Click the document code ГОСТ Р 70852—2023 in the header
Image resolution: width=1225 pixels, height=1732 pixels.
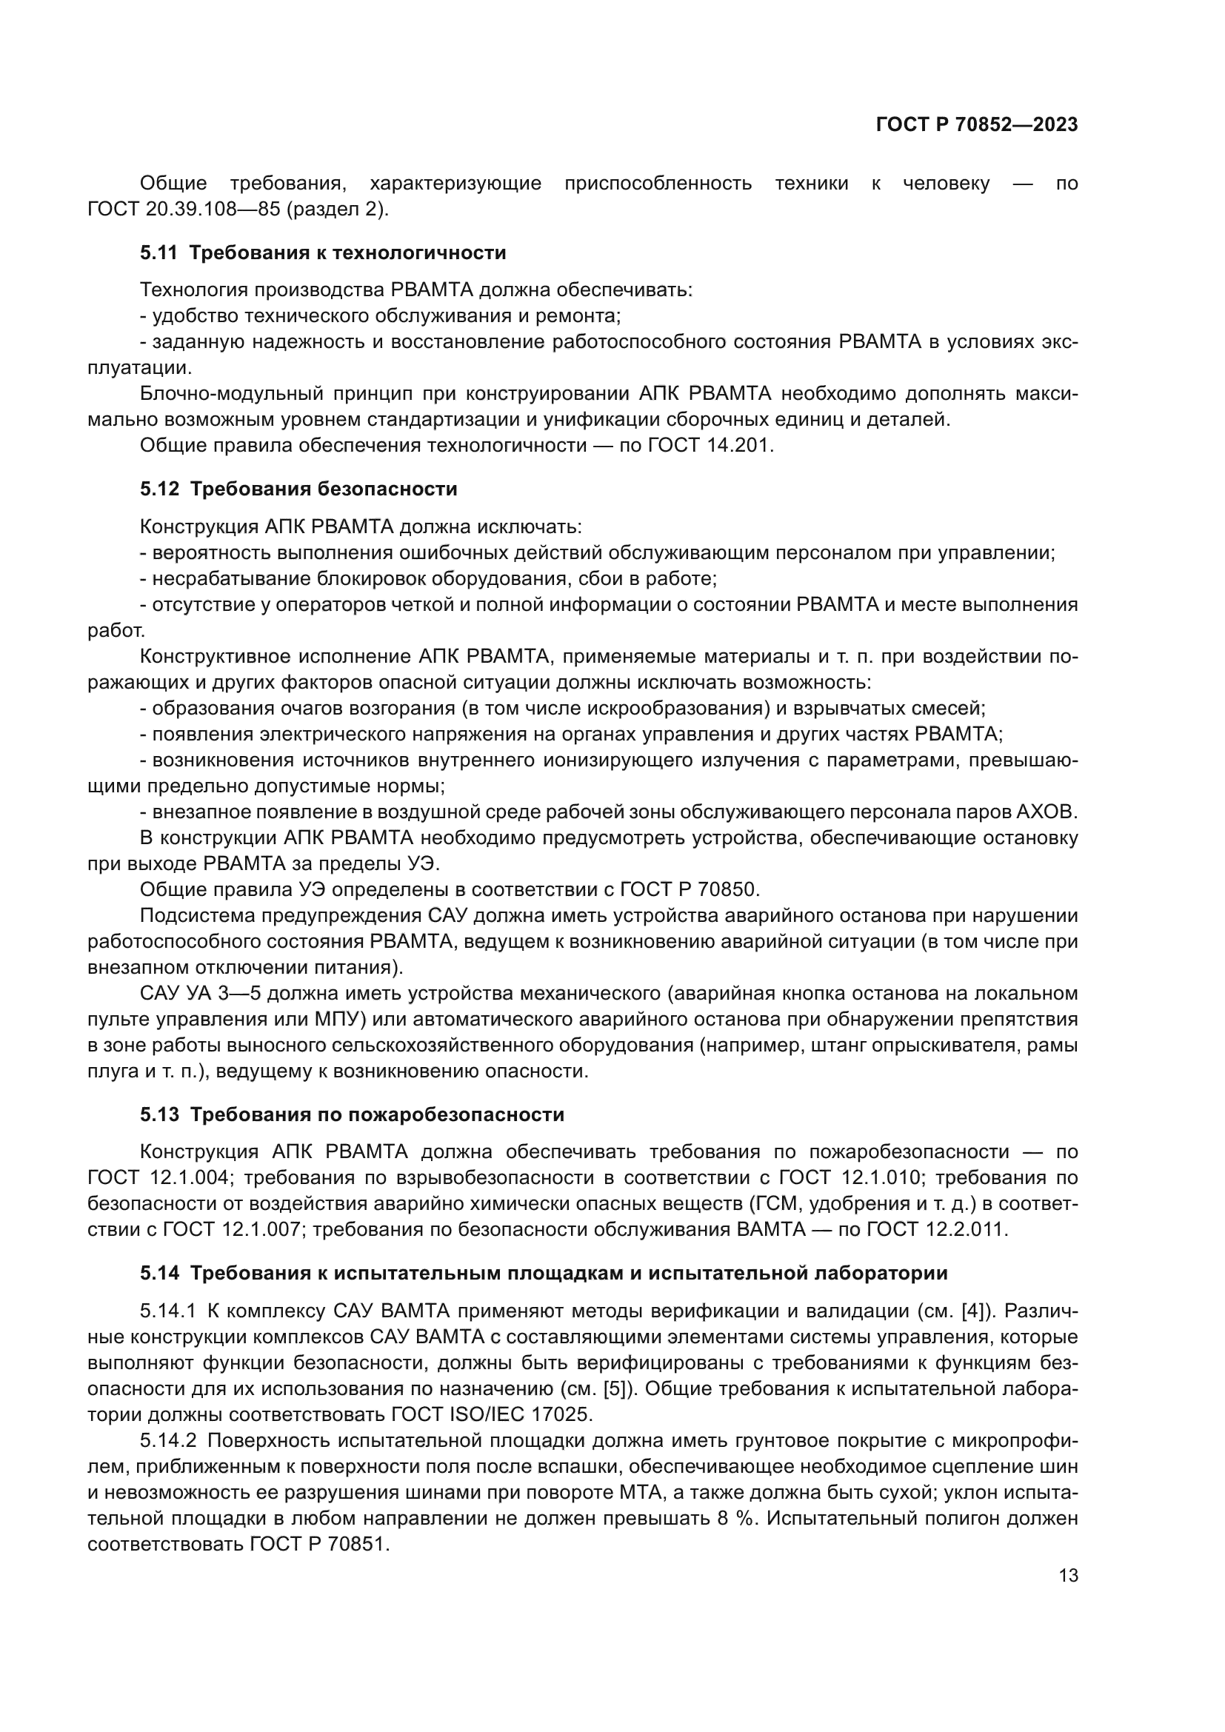pyautogui.click(x=976, y=125)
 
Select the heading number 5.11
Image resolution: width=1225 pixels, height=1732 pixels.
pyautogui.click(x=158, y=253)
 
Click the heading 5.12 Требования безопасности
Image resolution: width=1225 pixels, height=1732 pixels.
pyautogui.click(x=298, y=489)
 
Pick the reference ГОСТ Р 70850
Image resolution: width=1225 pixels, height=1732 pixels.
pyautogui.click(x=688, y=889)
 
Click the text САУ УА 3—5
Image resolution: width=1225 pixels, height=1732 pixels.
pyautogui.click(x=198, y=993)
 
